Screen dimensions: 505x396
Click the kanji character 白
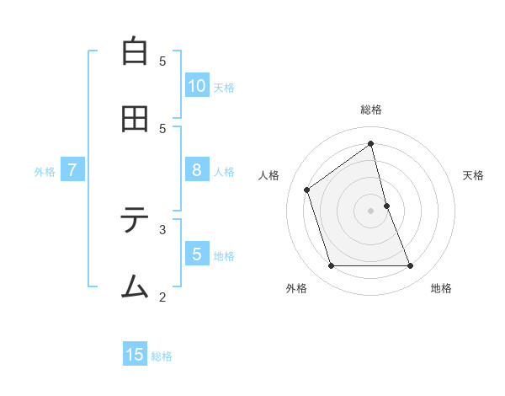point(135,51)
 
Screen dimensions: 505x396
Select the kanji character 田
point(135,120)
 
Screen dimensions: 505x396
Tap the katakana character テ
point(135,221)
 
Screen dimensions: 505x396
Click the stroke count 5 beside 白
point(162,61)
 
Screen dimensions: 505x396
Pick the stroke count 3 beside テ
point(162,228)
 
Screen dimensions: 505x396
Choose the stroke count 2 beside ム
point(162,296)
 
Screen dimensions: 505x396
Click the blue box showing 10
point(197,86)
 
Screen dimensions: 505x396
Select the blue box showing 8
point(197,170)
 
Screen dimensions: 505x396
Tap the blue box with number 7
point(72,170)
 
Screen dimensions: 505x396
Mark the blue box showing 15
point(135,355)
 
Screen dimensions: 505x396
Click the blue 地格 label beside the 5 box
point(224,256)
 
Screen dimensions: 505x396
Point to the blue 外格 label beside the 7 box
point(45,172)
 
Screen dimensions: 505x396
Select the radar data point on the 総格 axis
point(370,143)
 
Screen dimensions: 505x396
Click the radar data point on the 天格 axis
point(386,206)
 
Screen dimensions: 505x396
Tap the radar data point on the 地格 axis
point(410,266)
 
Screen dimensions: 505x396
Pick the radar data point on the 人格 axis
point(307,190)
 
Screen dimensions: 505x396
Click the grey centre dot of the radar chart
point(370,211)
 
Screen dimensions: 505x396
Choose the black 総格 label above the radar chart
point(370,110)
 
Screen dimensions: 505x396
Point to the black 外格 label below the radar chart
point(296,289)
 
